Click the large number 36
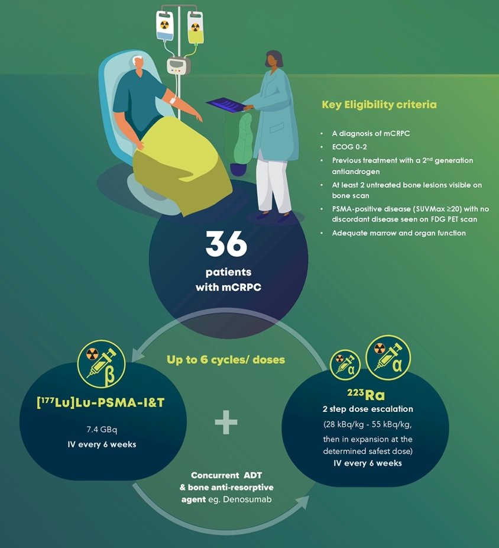click(x=226, y=244)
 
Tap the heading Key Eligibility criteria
click(x=379, y=105)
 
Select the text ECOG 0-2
click(x=349, y=147)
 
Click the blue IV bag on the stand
click(x=164, y=27)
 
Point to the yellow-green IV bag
click(x=195, y=28)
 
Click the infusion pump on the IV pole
click(x=179, y=65)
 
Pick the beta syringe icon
click(x=101, y=364)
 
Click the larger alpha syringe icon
click(x=388, y=357)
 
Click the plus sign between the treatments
click(x=226, y=422)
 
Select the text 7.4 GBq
click(x=102, y=429)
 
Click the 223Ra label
click(x=366, y=395)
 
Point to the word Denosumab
click(x=247, y=499)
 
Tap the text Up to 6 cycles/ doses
click(x=226, y=360)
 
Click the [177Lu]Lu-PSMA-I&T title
click(x=101, y=402)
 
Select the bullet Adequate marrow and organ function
click(x=398, y=233)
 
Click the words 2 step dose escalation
click(x=368, y=409)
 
